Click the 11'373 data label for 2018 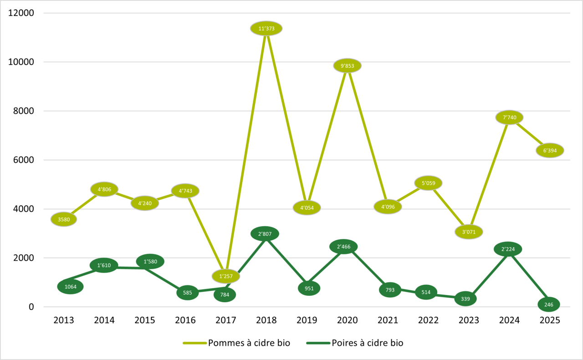(266, 29)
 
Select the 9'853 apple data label (347, 66)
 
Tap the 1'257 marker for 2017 (225, 276)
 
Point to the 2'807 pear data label (265, 234)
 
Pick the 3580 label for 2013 (64, 219)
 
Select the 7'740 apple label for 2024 (509, 117)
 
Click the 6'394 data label (549, 150)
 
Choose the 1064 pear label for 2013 (70, 287)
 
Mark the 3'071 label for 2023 (469, 232)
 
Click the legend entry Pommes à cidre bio (249, 343)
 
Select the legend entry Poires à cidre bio (367, 343)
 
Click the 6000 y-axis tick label (24, 160)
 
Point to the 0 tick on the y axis (31, 307)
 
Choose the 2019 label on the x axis (307, 320)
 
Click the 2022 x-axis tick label (428, 320)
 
